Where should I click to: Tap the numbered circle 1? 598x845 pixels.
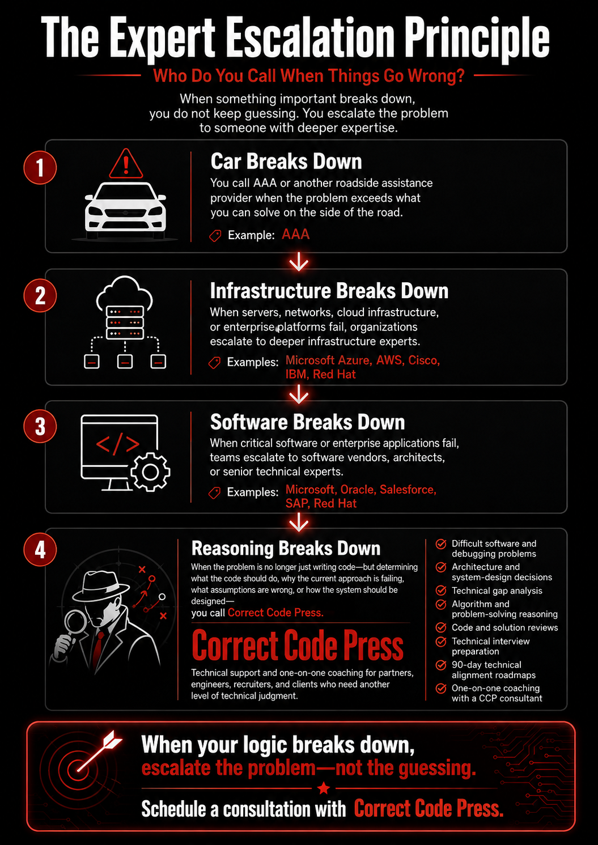point(40,168)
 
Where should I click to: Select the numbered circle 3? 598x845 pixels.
point(40,426)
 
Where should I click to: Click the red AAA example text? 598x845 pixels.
point(295,234)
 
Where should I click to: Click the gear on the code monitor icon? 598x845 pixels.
point(150,472)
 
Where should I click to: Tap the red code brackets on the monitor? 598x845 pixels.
point(118,444)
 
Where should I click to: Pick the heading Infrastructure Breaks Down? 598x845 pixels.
point(329,291)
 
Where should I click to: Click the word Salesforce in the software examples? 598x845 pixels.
point(408,489)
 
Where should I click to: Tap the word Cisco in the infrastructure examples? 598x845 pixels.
point(424,360)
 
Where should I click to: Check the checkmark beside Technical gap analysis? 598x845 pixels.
point(440,590)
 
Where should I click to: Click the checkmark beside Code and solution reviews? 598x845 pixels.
point(440,627)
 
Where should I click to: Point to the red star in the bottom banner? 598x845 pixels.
point(324,788)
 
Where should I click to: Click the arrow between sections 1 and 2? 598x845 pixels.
point(299,261)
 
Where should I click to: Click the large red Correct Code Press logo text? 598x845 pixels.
point(298,646)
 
